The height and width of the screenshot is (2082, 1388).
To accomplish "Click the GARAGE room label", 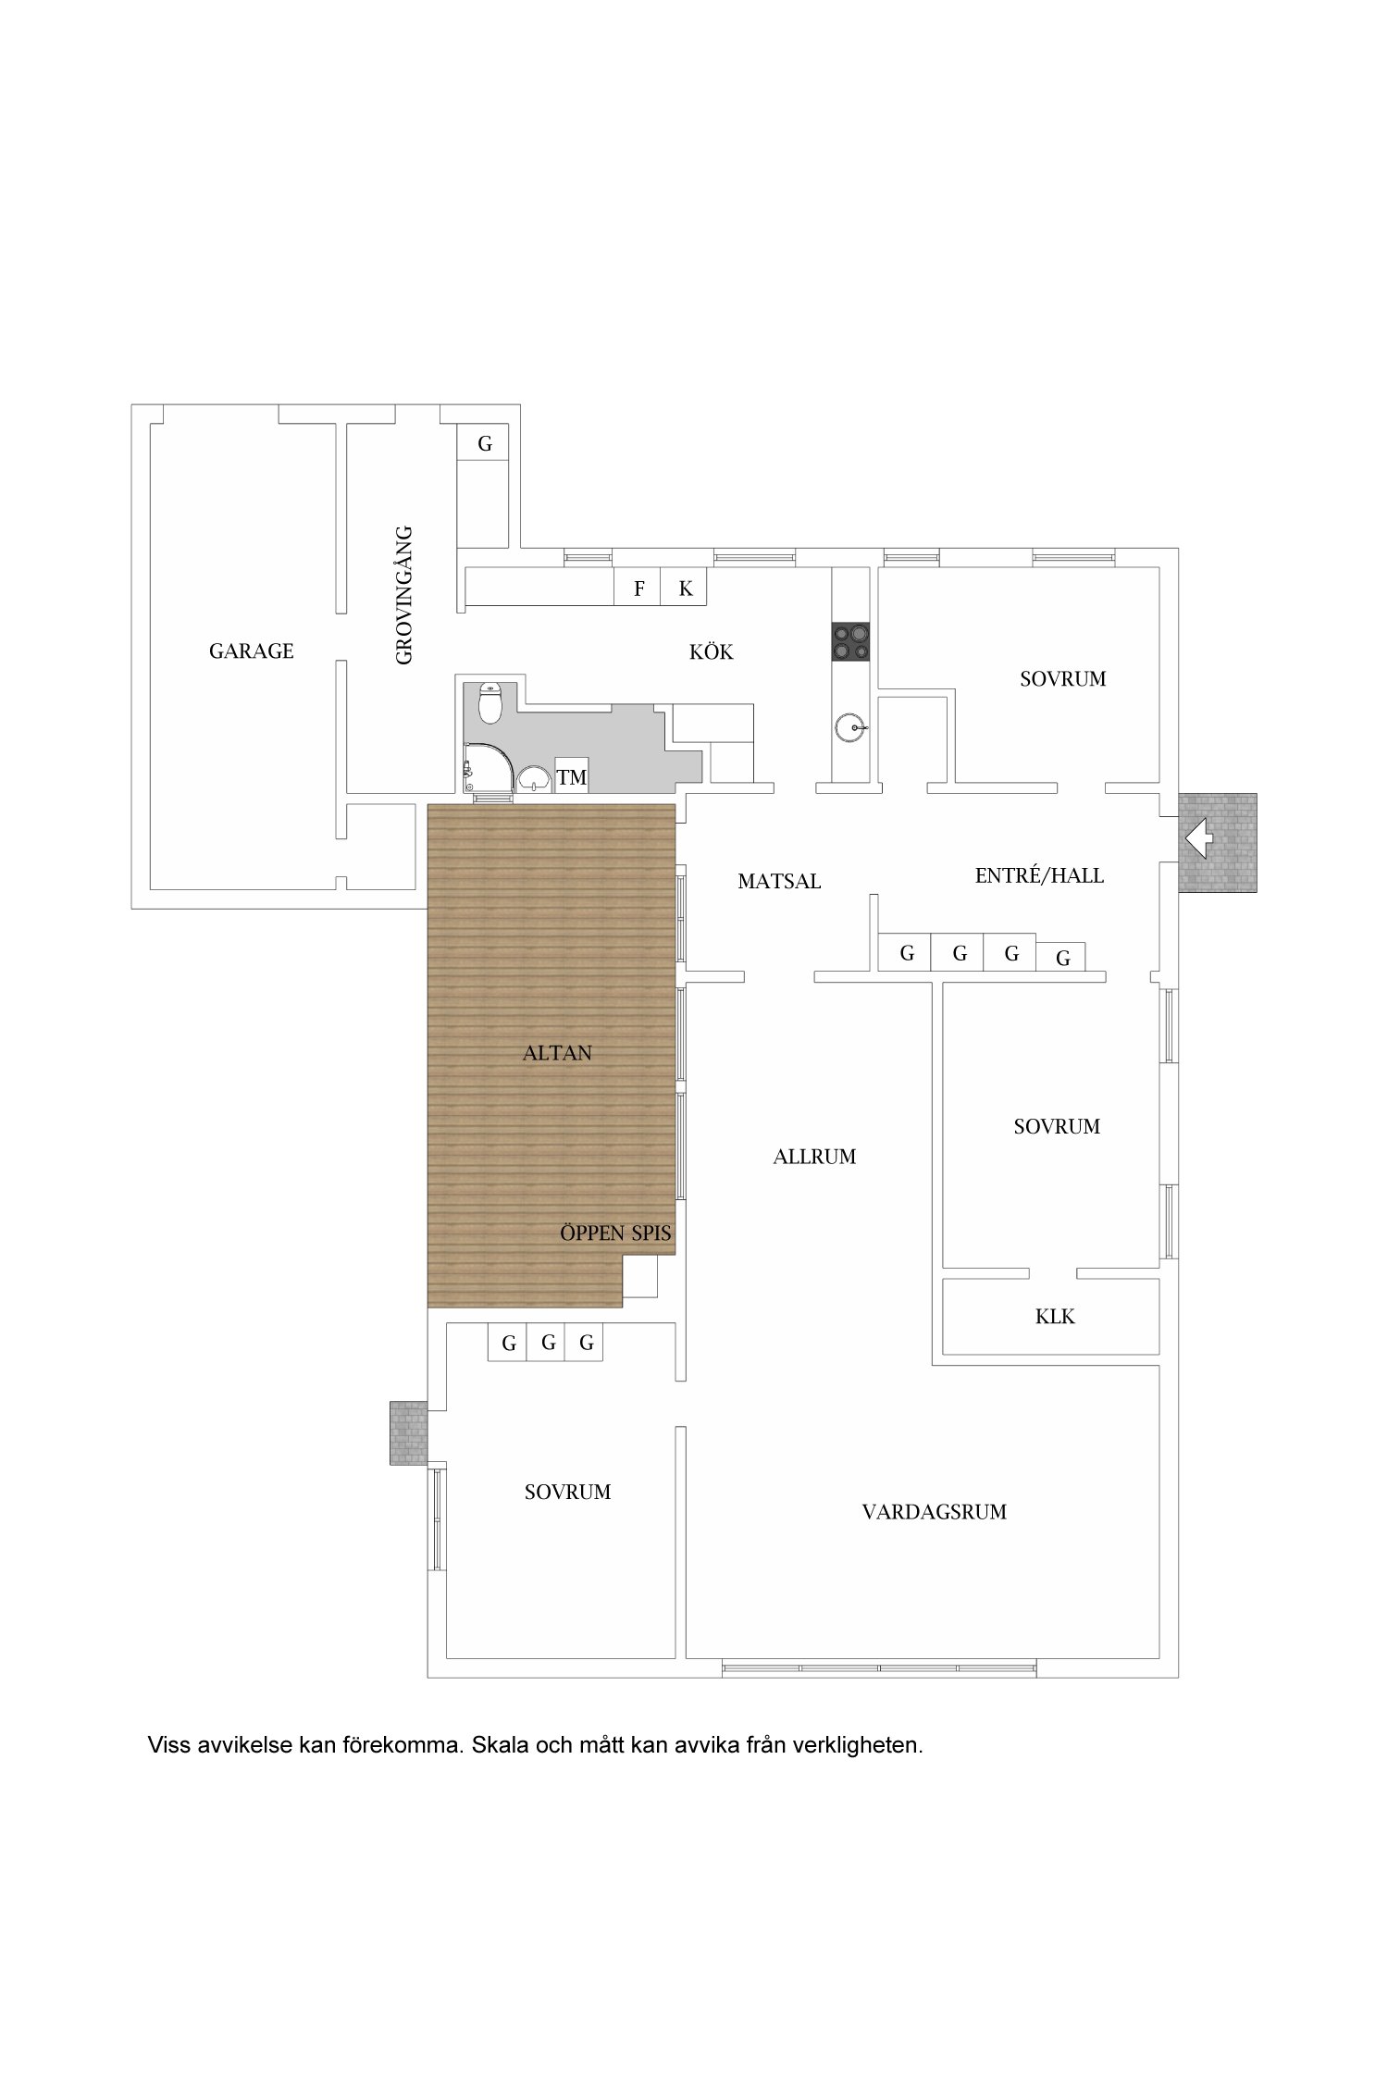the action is (x=251, y=651).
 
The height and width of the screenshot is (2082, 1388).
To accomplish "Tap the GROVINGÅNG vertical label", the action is (x=403, y=595).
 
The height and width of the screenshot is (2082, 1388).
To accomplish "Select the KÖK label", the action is (x=711, y=652).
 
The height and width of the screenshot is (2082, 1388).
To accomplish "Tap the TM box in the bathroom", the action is (x=572, y=776).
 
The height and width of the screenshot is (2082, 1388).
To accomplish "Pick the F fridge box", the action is (x=638, y=588).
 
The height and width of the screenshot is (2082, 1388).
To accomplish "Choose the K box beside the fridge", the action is (x=685, y=588).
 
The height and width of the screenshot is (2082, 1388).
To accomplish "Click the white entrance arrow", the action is (x=1199, y=840).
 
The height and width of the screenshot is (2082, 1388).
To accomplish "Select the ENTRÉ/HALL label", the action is (x=1039, y=875).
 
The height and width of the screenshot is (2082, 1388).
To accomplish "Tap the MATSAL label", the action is (x=779, y=881).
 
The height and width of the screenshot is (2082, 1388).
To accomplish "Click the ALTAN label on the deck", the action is (x=557, y=1053).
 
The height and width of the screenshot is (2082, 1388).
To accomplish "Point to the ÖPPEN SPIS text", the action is (x=615, y=1233).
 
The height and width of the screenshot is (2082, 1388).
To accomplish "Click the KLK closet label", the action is (x=1055, y=1316).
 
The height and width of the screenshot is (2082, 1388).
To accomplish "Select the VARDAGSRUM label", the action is (x=934, y=1512).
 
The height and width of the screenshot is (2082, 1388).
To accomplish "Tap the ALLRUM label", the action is (x=814, y=1156).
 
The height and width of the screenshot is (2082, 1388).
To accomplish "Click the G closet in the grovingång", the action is (x=485, y=444).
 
